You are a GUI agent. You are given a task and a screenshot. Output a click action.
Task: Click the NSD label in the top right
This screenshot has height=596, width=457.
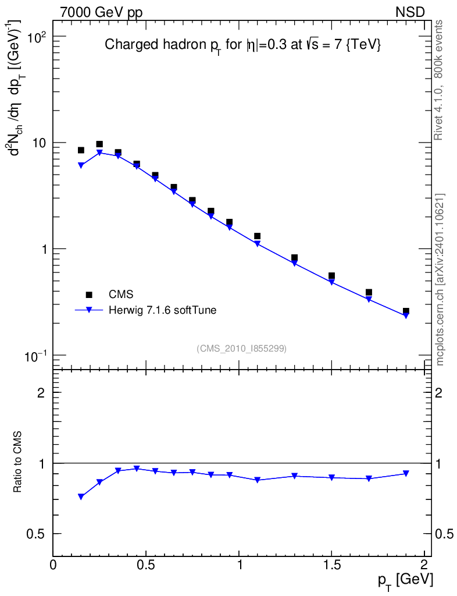pos(411,12)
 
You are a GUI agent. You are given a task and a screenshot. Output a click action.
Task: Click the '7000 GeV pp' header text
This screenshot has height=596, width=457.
pos(101,12)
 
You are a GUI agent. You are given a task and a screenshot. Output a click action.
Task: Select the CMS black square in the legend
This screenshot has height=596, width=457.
pos(89,295)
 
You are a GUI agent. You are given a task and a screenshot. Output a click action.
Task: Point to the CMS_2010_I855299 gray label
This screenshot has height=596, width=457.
pos(241,348)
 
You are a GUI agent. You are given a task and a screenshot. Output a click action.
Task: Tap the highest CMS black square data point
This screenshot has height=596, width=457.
pos(99,144)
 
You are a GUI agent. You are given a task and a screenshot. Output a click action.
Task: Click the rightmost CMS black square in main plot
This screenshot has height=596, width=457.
pos(406,311)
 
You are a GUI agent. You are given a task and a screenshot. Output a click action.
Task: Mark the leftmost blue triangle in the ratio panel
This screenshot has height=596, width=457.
pos(81,496)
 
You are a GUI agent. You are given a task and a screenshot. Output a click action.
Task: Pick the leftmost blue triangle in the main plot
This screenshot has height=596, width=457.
pos(81,165)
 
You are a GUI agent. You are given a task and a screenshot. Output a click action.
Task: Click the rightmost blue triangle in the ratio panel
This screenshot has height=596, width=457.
pos(406,474)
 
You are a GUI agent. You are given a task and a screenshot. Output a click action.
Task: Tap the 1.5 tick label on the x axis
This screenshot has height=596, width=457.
pos(331,564)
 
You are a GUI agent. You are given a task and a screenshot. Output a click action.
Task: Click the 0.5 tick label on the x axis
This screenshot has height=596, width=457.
pos(146,564)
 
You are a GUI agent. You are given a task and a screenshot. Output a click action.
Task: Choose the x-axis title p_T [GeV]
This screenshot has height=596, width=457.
pos(405,580)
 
